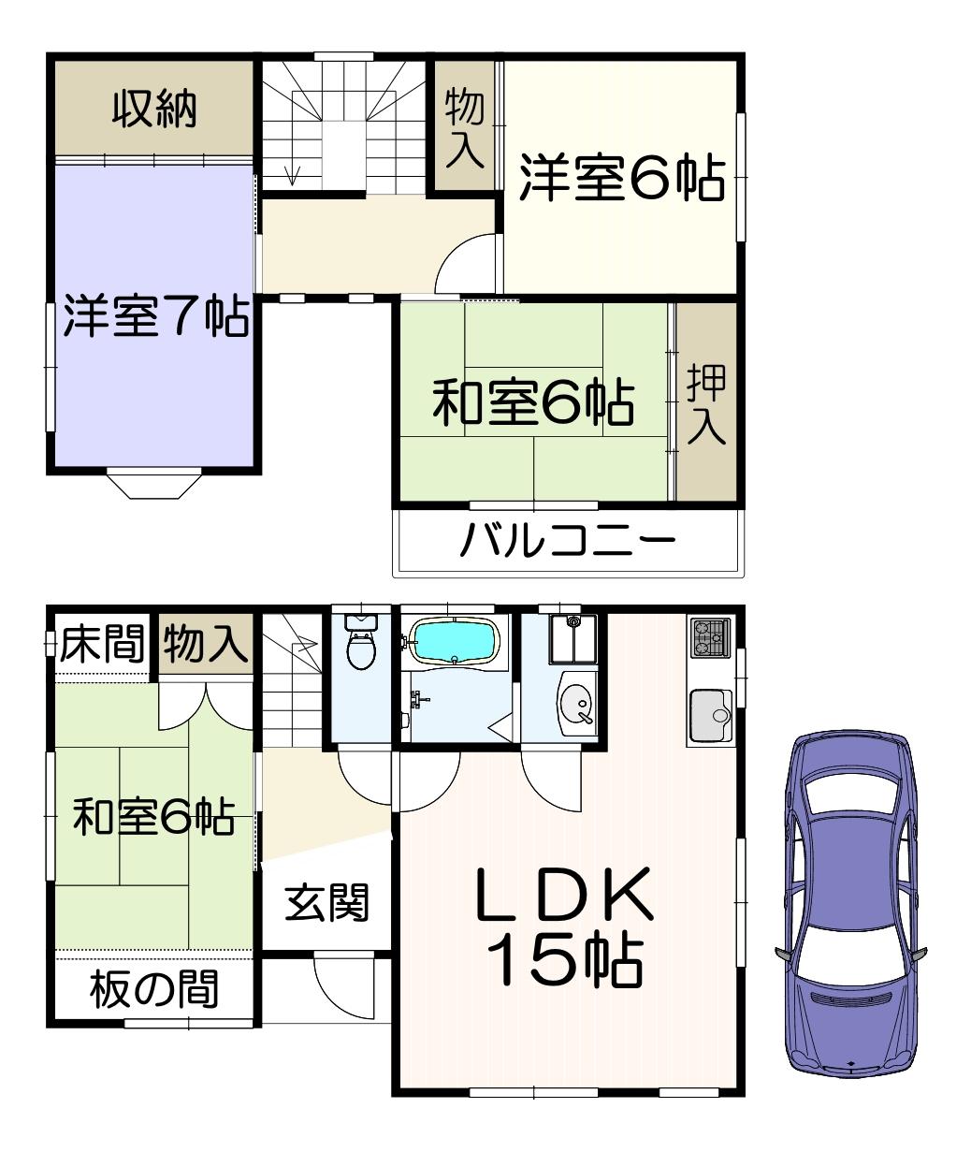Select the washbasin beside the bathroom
point(576,703)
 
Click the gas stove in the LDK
point(711,638)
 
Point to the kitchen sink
point(711,716)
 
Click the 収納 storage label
point(154,109)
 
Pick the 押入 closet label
point(706,404)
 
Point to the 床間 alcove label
point(102,643)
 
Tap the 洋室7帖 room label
point(155,316)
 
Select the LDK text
point(565,894)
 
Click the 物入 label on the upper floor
point(465,130)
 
